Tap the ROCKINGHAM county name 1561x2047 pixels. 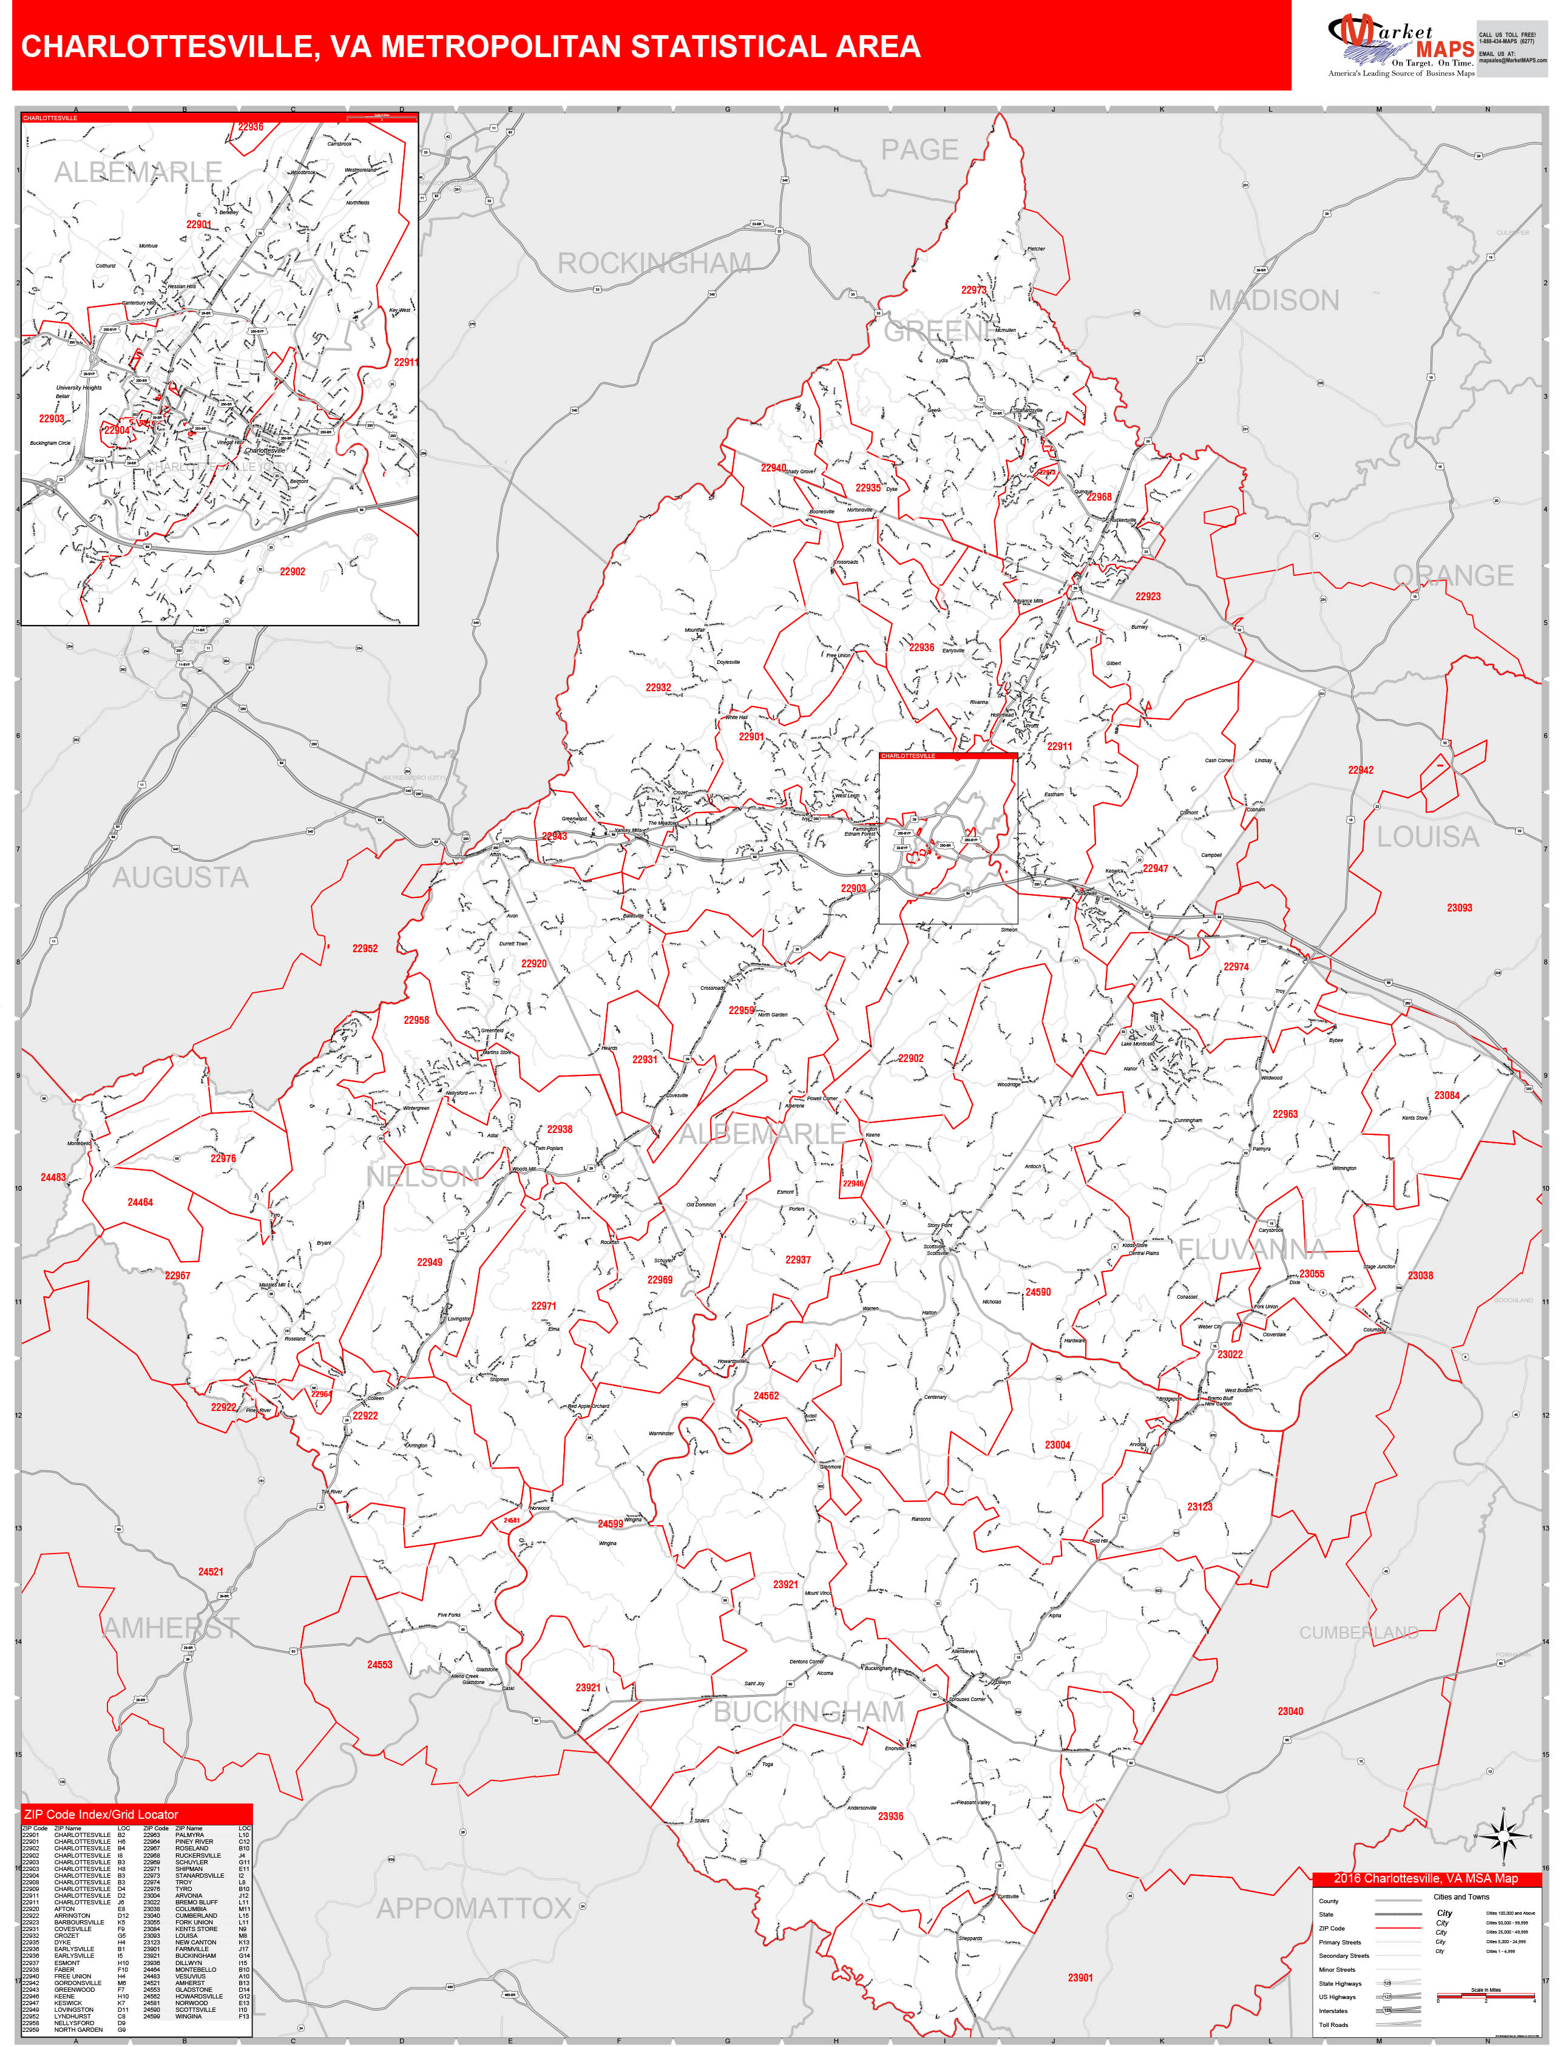[x=654, y=264]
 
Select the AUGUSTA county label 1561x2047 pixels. [x=180, y=877]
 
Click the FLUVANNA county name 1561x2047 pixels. [x=1253, y=1250]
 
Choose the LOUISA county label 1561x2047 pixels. [x=1427, y=837]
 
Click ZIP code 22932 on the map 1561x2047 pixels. [x=658, y=688]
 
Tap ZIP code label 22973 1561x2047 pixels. [x=973, y=290]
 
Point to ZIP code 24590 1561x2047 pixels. [x=1038, y=1291]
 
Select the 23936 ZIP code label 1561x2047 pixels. [x=890, y=1816]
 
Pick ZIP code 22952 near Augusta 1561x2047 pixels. [x=364, y=949]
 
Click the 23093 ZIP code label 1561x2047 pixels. [x=1459, y=908]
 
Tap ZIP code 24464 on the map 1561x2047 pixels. [x=140, y=1202]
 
